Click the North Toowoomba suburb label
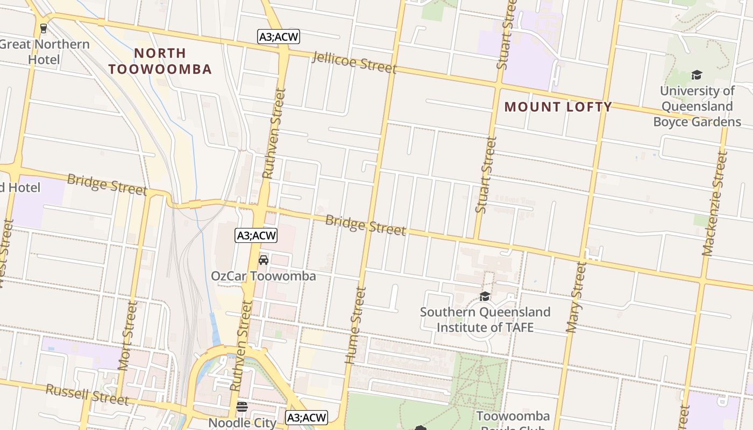160,61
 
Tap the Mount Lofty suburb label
558,107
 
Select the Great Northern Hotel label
45,52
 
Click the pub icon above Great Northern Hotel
44,28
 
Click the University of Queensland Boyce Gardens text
697,106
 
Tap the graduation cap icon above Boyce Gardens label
697,75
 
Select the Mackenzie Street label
715,203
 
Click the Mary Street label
575,297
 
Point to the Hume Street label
355,325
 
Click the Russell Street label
87,395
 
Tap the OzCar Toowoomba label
263,276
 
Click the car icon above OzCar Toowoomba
263,260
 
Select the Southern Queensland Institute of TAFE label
485,319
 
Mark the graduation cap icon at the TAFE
485,296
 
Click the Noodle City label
242,422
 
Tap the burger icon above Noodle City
242,406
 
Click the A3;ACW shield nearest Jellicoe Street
278,37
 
